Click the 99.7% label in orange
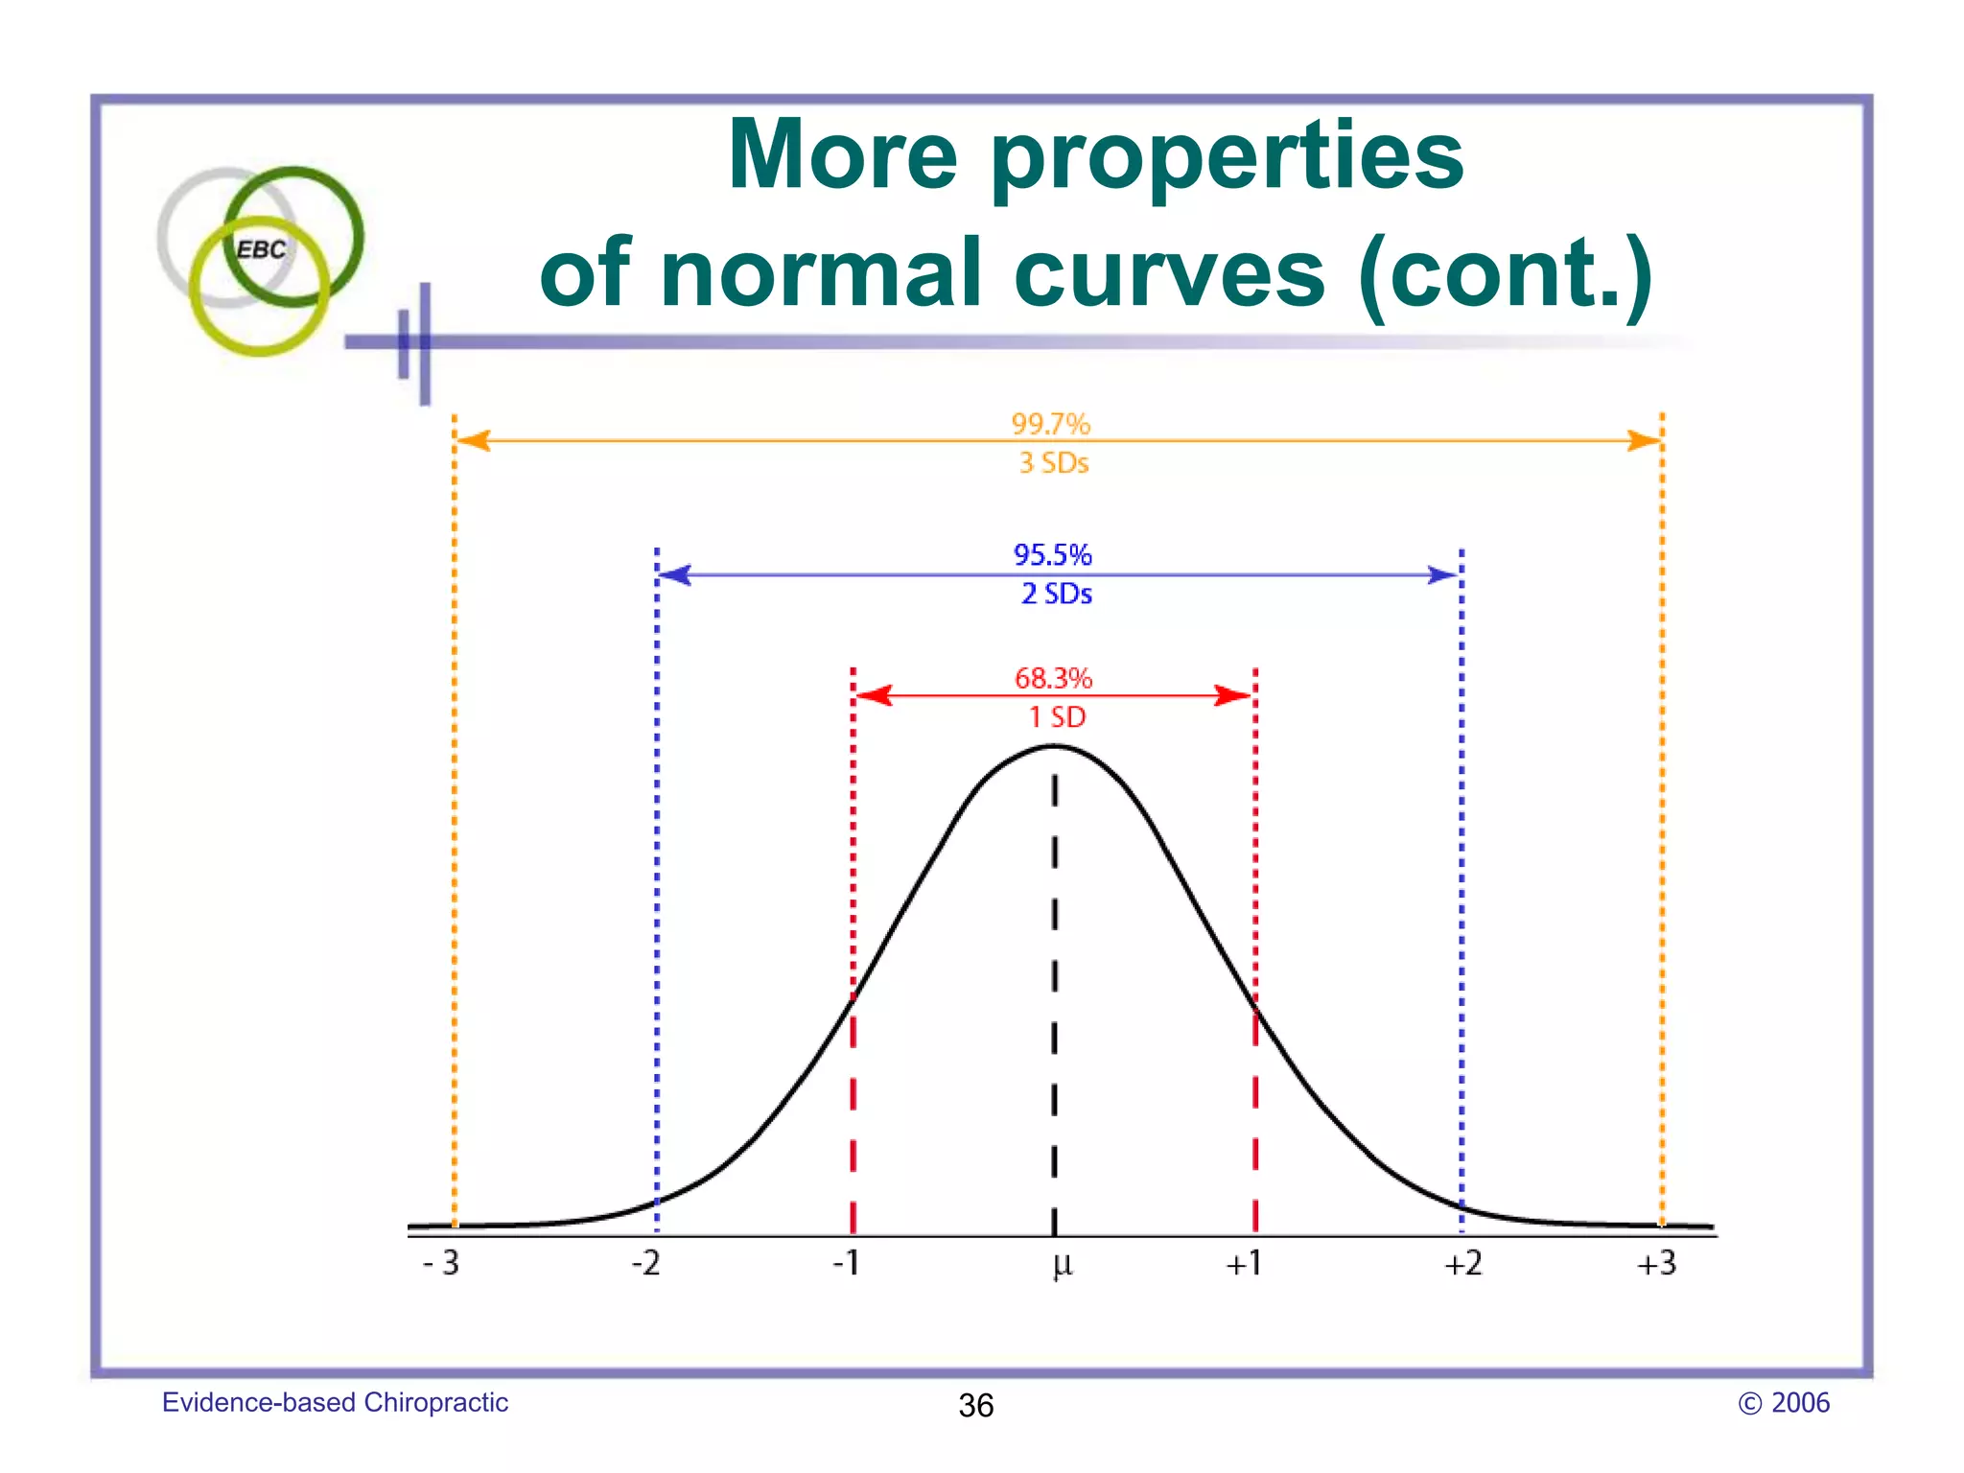(1051, 424)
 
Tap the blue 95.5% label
(1052, 554)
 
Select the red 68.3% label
(1053, 678)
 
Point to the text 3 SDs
(1053, 463)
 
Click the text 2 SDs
(1056, 594)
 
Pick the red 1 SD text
(1057, 716)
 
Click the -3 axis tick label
(441, 1263)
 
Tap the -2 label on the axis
(646, 1263)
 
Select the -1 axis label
(846, 1263)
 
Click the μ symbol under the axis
(1062, 1265)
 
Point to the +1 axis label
(1244, 1263)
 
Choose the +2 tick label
(1463, 1263)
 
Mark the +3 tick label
(1656, 1263)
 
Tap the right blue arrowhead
(1442, 575)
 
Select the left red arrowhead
(873, 695)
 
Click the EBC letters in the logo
(261, 249)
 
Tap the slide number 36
(976, 1406)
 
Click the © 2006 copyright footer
(1784, 1403)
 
